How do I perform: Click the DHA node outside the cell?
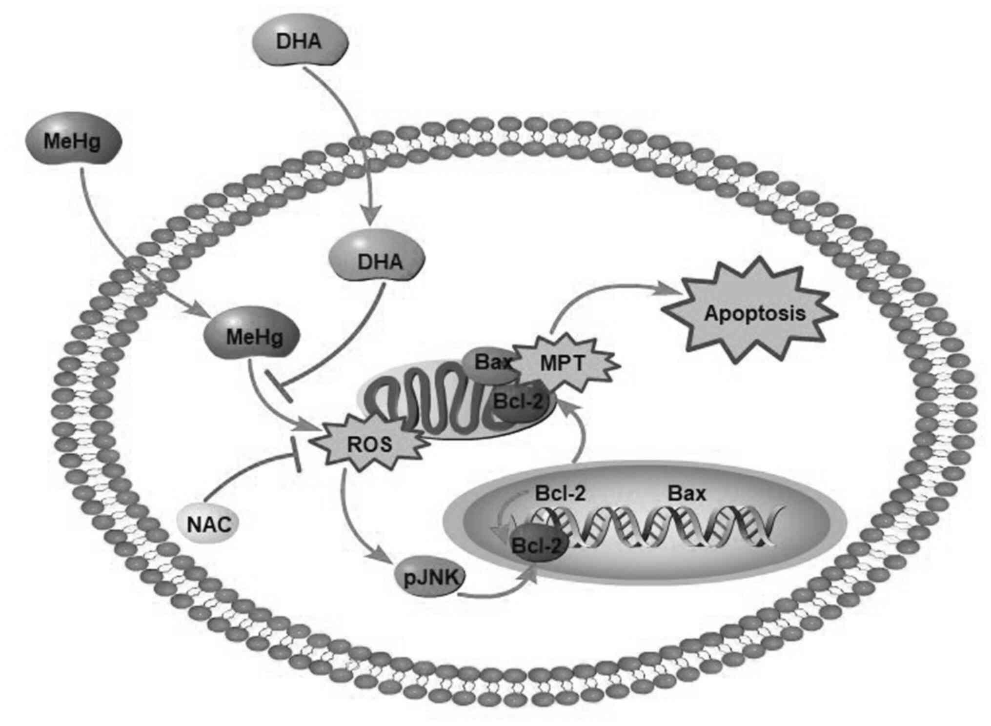click(x=299, y=41)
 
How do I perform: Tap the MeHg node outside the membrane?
click(x=72, y=141)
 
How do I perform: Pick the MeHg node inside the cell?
click(x=253, y=337)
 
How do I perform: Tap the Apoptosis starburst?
click(x=754, y=313)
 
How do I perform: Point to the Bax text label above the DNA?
click(x=686, y=494)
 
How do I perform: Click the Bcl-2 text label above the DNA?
click(x=560, y=494)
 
